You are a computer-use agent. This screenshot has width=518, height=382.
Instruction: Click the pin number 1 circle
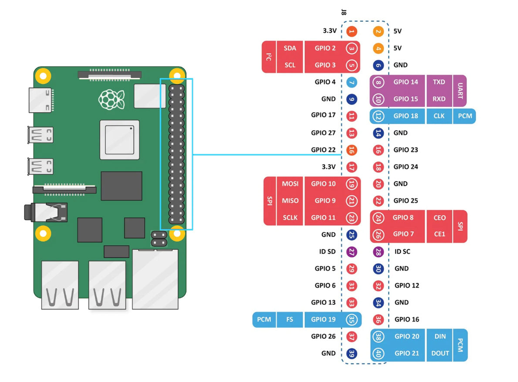[x=352, y=31]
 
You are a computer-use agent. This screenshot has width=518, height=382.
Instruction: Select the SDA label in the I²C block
[x=290, y=48]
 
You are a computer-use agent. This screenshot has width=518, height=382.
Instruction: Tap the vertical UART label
[x=460, y=90]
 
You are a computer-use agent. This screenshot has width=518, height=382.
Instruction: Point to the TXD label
[x=439, y=82]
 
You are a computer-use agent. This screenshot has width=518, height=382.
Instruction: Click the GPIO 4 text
[x=325, y=82]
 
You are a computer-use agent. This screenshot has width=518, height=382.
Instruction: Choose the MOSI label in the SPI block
[x=290, y=184]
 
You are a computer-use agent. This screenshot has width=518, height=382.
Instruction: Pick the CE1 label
[x=440, y=234]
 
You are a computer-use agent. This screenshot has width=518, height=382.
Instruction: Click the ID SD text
[x=327, y=251]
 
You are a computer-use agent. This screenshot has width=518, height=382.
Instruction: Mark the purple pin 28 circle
[x=378, y=251]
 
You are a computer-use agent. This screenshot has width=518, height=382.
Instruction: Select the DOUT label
[x=440, y=353]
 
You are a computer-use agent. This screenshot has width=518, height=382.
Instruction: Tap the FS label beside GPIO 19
[x=290, y=320]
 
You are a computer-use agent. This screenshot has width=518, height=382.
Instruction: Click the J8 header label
[x=344, y=13]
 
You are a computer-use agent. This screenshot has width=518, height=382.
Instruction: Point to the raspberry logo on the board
[x=112, y=99]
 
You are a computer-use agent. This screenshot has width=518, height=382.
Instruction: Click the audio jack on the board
[x=46, y=213]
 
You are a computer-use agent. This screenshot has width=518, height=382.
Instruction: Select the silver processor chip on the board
[x=119, y=139]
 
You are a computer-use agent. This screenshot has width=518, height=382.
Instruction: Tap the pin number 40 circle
[x=378, y=353]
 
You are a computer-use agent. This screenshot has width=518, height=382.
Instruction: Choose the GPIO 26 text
[x=323, y=336]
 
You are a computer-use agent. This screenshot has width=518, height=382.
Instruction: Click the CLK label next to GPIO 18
[x=439, y=116]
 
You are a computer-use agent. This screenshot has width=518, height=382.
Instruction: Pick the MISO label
[x=290, y=201]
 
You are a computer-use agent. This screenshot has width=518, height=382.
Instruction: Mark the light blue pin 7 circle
[x=352, y=82]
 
